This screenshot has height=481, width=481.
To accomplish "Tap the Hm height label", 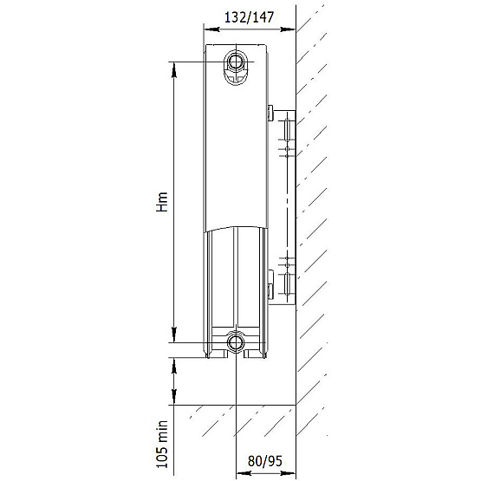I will (x=161, y=205).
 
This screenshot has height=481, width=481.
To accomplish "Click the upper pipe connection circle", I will (x=236, y=62).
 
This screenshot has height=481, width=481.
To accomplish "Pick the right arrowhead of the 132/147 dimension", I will (x=289, y=30).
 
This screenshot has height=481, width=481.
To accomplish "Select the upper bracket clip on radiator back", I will (x=270, y=113).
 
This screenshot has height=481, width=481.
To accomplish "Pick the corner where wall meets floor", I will (x=296, y=404).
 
